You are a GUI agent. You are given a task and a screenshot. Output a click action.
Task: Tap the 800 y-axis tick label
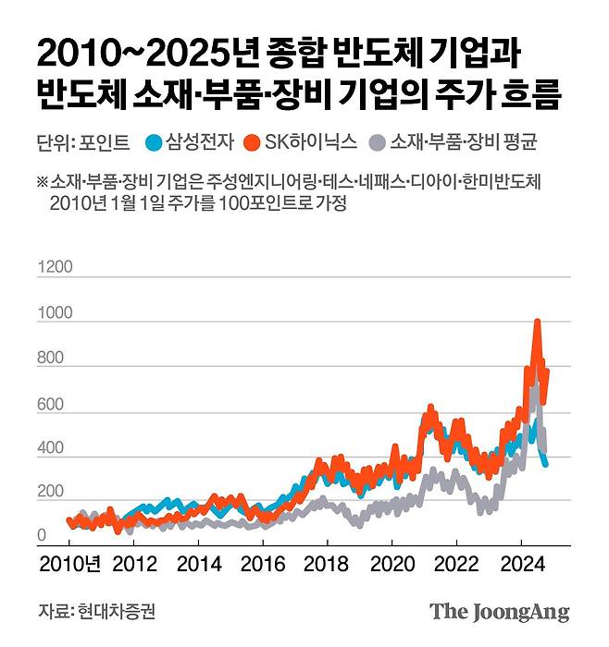[x=52, y=358]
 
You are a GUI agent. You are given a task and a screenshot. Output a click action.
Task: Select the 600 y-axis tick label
[x=52, y=403]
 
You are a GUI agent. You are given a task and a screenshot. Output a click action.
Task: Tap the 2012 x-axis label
[x=134, y=563]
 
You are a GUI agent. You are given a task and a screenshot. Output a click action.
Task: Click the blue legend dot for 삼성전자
[x=155, y=142]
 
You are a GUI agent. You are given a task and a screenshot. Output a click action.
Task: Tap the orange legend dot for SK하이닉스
[x=250, y=142]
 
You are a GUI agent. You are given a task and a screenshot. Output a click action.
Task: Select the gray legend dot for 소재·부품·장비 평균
[x=376, y=142]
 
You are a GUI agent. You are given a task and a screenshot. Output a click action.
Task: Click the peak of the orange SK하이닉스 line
[x=538, y=322]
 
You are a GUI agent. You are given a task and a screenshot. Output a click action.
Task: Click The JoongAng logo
[x=499, y=612]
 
